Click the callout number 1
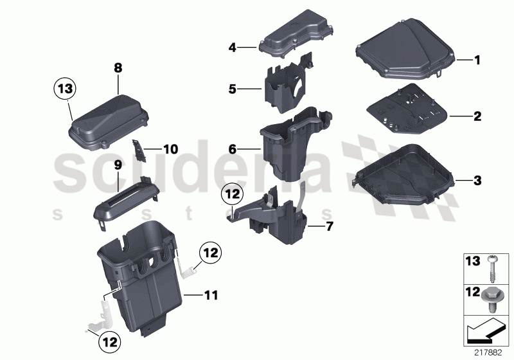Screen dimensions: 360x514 coord(477,60)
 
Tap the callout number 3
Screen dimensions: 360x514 coord(477,180)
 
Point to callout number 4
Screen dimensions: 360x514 coord(233,47)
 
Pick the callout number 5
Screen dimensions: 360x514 coord(233,90)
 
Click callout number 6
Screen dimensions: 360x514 coord(233,148)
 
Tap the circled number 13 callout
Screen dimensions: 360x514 coord(64,89)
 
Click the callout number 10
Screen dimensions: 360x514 coord(170,149)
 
